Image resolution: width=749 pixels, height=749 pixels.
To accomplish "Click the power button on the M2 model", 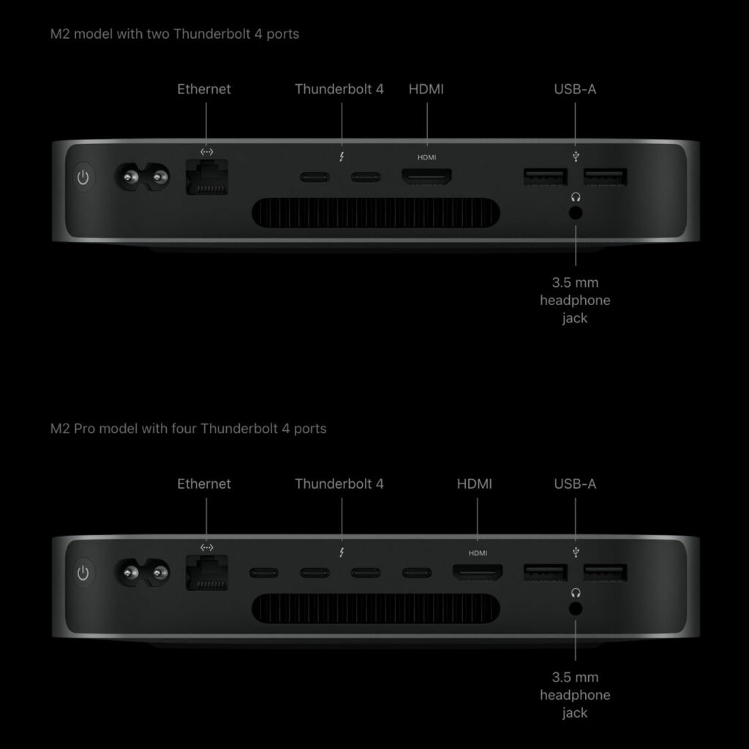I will (x=85, y=177).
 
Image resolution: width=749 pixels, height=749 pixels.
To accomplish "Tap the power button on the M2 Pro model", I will (x=85, y=571).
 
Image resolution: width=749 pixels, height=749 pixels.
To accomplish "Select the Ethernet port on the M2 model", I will (x=207, y=178).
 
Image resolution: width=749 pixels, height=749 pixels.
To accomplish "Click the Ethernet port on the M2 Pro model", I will (x=207, y=571).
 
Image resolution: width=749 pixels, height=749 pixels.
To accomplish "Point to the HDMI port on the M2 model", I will (x=426, y=177).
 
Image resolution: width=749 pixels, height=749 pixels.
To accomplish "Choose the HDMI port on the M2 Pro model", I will (x=477, y=571).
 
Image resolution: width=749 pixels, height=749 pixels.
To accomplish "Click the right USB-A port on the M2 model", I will (x=605, y=177).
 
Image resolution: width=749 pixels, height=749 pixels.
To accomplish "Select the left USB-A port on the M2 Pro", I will (x=545, y=571).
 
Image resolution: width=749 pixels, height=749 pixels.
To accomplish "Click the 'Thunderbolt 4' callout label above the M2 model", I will (x=339, y=89).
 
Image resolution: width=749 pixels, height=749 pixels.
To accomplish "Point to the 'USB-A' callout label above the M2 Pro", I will (x=575, y=483).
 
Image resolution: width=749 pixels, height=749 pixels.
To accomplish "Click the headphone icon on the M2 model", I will (x=576, y=196).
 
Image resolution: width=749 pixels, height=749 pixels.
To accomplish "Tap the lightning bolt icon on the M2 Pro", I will (x=341, y=551).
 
